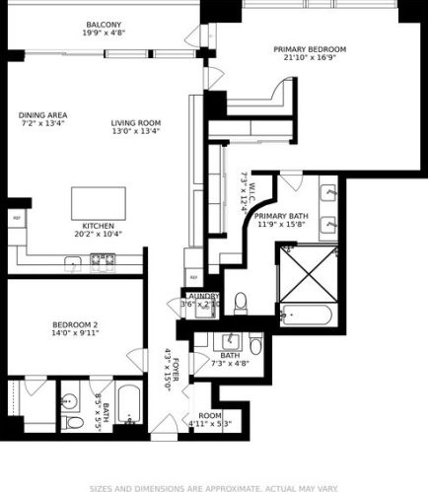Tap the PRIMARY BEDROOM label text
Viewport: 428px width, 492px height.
[310, 48]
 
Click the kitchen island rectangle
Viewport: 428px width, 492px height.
[100, 204]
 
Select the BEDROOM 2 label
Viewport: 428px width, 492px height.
[75, 324]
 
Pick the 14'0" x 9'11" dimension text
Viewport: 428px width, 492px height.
[75, 333]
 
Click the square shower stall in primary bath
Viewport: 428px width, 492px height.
[310, 270]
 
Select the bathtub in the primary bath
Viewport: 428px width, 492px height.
[310, 317]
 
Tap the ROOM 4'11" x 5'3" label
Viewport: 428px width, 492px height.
[210, 420]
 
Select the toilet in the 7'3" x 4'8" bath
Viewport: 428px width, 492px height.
[255, 345]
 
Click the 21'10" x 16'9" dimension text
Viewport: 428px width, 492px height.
[310, 57]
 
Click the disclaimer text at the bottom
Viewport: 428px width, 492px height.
[213, 486]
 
